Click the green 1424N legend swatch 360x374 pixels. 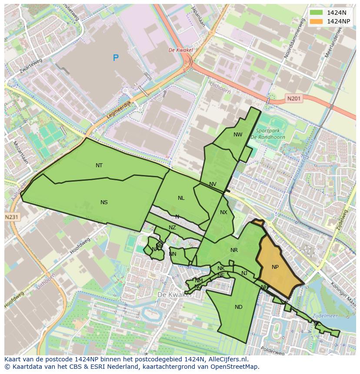[316, 13]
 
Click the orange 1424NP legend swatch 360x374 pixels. [316, 21]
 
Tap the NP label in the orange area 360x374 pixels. [275, 267]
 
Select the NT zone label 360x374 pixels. [99, 165]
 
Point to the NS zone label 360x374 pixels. [104, 202]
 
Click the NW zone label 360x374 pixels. [238, 135]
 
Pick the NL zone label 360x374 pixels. [181, 198]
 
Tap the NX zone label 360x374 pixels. [223, 212]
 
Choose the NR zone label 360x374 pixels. [234, 250]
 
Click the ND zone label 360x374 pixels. [238, 307]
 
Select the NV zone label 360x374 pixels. [213, 184]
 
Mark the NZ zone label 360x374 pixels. [172, 228]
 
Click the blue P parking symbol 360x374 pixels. [116, 58]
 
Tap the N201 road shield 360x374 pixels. [294, 99]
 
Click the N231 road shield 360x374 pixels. [12, 217]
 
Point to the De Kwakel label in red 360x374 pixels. [180, 50]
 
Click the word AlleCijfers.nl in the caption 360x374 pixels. [227, 360]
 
